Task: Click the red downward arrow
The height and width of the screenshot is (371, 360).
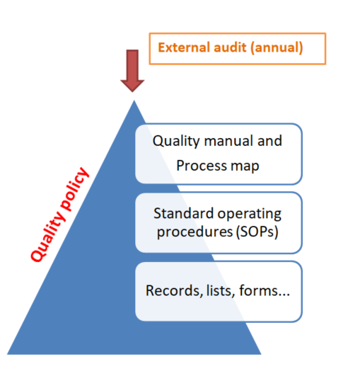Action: (132, 71)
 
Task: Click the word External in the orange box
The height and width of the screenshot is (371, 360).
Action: (184, 47)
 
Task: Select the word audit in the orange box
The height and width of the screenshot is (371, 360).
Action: (230, 47)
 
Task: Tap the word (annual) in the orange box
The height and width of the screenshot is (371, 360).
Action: (277, 48)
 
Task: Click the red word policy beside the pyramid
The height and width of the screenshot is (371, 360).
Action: (74, 189)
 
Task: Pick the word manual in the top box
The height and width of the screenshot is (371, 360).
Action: (228, 141)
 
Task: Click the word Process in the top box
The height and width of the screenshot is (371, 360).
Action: (202, 166)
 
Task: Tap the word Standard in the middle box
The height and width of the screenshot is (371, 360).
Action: (184, 213)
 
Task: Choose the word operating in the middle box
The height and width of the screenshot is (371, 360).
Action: (250, 215)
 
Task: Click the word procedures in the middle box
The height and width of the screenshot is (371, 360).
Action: (194, 232)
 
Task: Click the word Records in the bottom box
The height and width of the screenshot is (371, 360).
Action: (174, 290)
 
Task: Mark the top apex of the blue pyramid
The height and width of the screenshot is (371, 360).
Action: (134, 101)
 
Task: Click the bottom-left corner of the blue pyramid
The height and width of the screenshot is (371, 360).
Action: (7, 354)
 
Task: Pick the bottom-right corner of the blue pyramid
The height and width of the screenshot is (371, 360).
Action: (261, 354)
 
